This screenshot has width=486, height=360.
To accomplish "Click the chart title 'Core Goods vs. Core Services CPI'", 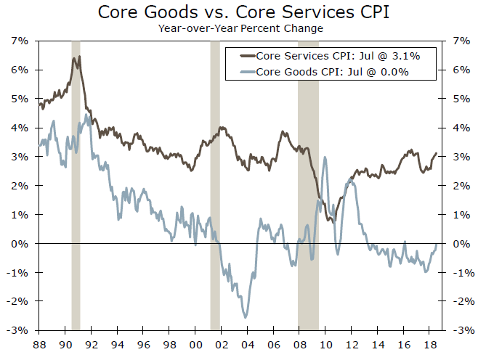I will (x=243, y=12).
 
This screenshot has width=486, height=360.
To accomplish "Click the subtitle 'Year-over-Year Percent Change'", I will (x=243, y=28).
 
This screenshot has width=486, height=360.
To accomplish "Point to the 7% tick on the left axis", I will (x=19, y=41).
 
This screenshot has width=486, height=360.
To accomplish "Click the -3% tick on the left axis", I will (x=17, y=330).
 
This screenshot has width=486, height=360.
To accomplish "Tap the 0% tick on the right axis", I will (x=461, y=244).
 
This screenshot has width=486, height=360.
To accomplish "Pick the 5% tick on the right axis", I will (x=461, y=99).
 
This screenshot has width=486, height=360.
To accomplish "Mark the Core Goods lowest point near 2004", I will (x=246, y=317).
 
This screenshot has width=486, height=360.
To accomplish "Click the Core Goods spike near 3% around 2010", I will (x=324, y=157).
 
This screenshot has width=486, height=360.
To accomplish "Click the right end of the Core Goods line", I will (x=436, y=244).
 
